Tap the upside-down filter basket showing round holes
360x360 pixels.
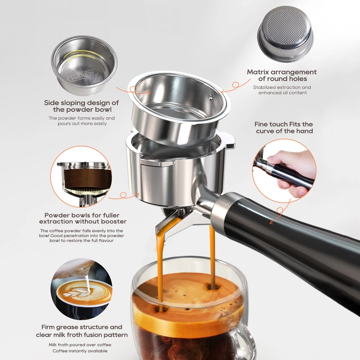(285, 34)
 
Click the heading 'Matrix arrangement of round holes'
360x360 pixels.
(282, 75)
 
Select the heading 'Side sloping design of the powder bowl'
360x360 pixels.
(82, 106)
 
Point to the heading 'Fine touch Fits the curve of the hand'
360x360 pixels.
(284, 127)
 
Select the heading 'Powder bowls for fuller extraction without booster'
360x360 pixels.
(82, 219)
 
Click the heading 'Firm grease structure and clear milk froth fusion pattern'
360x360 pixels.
(82, 331)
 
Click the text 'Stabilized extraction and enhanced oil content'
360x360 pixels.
(282, 90)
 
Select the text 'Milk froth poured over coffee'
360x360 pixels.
(80, 345)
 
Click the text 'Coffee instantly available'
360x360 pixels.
(80, 351)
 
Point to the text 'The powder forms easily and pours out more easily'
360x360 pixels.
(82, 121)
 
